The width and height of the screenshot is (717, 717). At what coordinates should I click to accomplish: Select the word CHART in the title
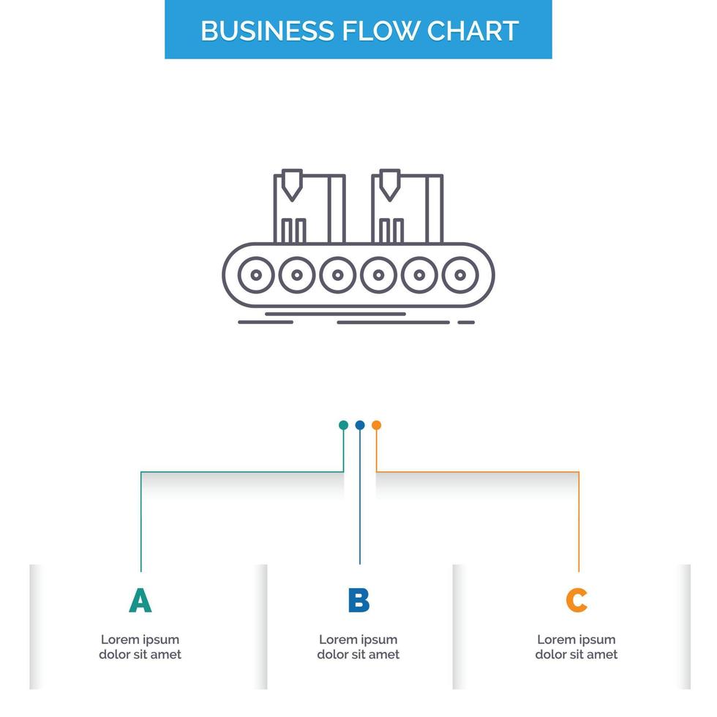coord(473,31)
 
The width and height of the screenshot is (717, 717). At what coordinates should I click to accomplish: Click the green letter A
coord(140,600)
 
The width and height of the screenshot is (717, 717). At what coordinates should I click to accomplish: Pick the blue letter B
coord(358,600)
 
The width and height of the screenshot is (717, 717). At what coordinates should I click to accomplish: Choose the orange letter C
coord(577,600)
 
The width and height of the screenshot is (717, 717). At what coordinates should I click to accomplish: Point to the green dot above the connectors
coord(343,425)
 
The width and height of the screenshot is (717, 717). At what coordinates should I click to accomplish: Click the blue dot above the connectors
coord(359,425)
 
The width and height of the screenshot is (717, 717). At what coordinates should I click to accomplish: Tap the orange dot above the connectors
coord(376,425)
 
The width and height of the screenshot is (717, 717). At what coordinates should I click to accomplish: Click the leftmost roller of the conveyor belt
coord(256,276)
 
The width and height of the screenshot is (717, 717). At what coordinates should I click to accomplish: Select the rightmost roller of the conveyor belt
coord(460,276)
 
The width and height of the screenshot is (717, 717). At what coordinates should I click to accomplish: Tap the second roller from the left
coord(297,276)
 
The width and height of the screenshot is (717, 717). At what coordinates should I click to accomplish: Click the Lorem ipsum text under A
coord(140,647)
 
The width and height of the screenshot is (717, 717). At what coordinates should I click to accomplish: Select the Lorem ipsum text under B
coord(358,647)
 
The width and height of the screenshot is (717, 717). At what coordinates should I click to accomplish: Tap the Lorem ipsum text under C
coord(577,647)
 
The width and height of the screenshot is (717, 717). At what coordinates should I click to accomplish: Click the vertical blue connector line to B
coord(359,505)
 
